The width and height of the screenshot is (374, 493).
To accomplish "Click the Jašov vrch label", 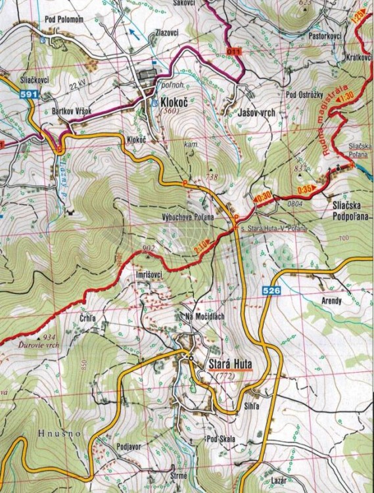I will pos(249,113).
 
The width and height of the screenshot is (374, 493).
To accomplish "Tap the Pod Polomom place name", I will pos(64,19).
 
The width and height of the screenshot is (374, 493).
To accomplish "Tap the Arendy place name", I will pos(331,301).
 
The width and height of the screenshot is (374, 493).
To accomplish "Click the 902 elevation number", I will pos(148,248).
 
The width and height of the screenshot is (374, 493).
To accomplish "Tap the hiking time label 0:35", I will pos(304,189).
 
